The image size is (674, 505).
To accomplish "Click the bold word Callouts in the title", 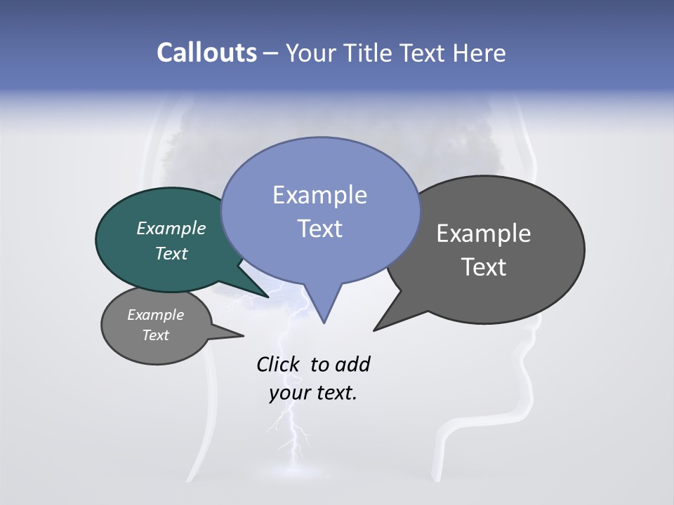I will pyautogui.click(x=207, y=53).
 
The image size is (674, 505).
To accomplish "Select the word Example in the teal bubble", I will pyautogui.click(x=171, y=228).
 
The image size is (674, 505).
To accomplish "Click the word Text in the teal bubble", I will pyautogui.click(x=171, y=253).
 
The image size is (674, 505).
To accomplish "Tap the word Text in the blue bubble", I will pyautogui.click(x=320, y=228).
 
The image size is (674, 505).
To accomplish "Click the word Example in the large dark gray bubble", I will pyautogui.click(x=484, y=233).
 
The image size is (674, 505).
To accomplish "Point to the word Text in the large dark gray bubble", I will pyautogui.click(x=484, y=267).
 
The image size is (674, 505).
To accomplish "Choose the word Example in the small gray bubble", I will pyautogui.click(x=156, y=315).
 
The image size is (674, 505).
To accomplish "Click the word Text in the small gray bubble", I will pyautogui.click(x=156, y=335).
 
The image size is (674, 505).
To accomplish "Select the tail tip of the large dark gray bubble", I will pyautogui.click(x=375, y=330).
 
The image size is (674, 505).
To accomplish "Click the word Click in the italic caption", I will pyautogui.click(x=277, y=364).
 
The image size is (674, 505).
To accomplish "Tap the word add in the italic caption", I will pyautogui.click(x=352, y=364).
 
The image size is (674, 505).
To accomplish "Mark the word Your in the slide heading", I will pyautogui.click(x=310, y=53).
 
